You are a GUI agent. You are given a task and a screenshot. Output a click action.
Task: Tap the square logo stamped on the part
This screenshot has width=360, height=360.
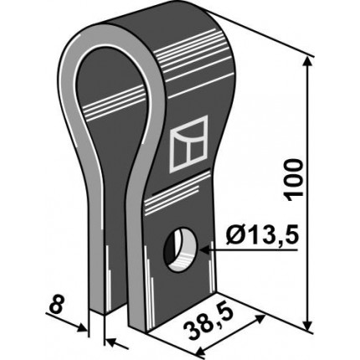189,144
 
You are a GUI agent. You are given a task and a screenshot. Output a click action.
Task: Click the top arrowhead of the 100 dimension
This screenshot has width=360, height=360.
308,62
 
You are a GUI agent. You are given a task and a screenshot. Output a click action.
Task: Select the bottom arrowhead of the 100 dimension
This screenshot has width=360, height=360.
308,325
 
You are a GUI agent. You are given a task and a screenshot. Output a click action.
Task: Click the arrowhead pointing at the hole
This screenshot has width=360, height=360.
203,249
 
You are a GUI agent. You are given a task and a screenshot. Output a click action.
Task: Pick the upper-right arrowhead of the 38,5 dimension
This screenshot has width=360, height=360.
260,319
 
